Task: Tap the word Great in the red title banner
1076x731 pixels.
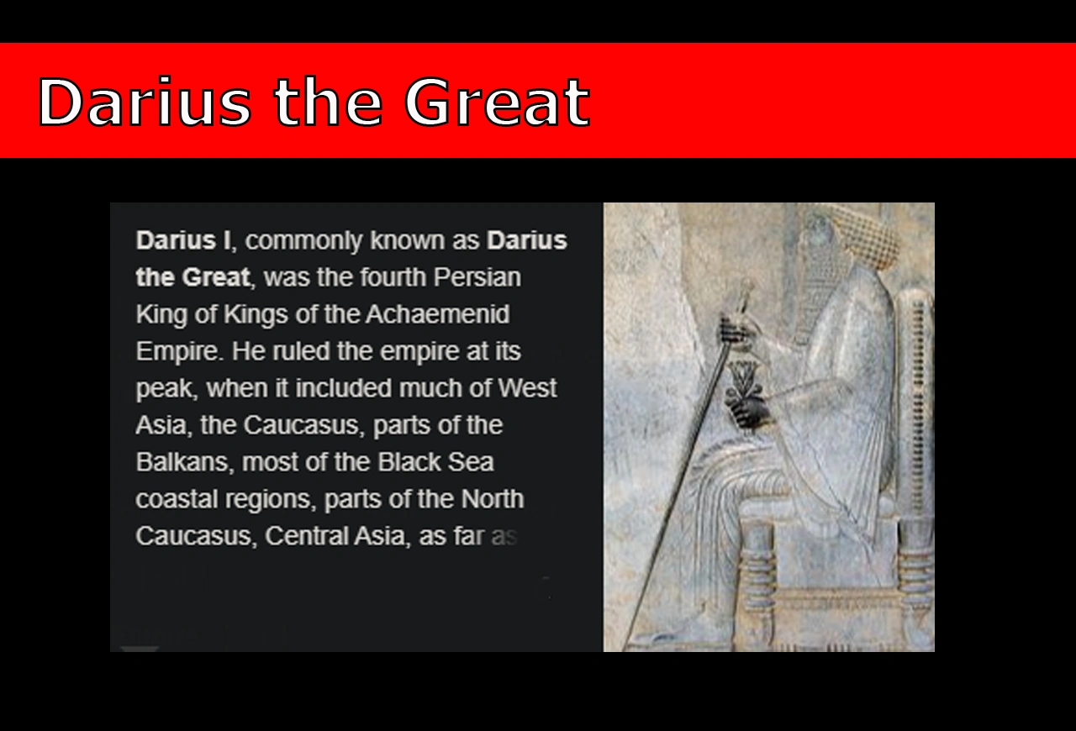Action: (496, 103)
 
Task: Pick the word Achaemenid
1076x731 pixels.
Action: (437, 314)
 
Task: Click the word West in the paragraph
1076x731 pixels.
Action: (527, 388)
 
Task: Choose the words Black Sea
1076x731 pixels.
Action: (435, 462)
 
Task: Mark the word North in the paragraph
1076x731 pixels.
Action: (492, 499)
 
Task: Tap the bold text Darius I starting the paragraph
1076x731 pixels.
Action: (182, 240)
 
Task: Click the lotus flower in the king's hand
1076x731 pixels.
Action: (742, 378)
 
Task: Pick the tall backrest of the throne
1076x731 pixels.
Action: (916, 395)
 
